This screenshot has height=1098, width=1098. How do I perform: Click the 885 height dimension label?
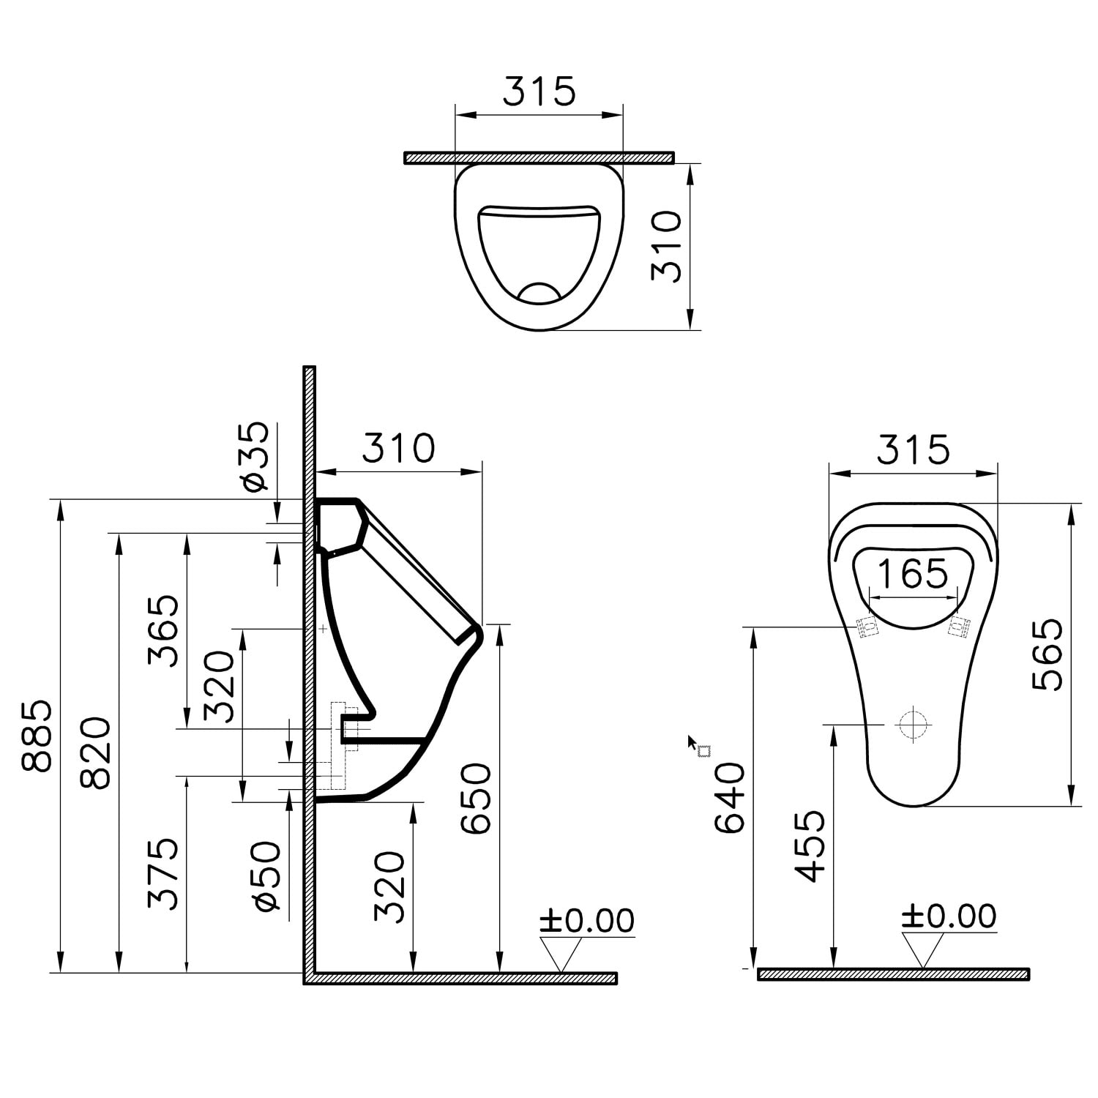tap(37, 736)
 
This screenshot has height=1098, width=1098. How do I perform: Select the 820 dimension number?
tap(95, 753)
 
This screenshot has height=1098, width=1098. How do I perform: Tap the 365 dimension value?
tap(163, 630)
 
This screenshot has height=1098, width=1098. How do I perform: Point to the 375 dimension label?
tap(163, 874)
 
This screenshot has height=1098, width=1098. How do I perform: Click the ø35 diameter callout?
tap(253, 456)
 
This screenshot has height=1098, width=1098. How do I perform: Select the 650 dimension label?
tap(475, 799)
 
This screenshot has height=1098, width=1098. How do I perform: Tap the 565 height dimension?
tap(1047, 654)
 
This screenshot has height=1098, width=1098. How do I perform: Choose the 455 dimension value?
tap(810, 846)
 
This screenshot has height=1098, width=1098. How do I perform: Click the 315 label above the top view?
tap(539, 91)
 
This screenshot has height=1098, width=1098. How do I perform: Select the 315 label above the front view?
tap(913, 449)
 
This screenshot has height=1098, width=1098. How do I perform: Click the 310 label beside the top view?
tap(666, 247)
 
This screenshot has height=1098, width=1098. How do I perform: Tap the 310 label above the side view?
tap(399, 448)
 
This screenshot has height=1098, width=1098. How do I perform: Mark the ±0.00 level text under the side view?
tap(586, 921)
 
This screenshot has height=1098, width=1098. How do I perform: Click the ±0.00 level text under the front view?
tap(949, 916)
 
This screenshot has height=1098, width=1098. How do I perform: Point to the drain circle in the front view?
tap(913, 725)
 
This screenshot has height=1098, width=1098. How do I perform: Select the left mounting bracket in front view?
tap(868, 627)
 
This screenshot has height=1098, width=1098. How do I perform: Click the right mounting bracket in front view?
tap(959, 627)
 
